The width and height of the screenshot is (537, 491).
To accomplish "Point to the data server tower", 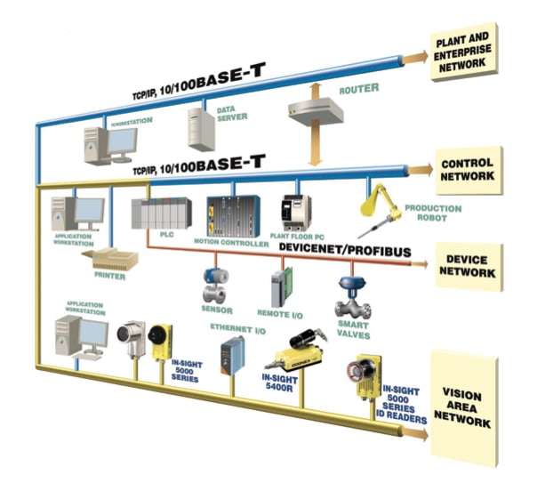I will pos(202,127).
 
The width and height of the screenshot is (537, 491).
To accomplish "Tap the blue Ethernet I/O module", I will pos(234,353).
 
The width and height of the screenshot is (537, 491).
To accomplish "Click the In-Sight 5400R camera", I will pos(302,352).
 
